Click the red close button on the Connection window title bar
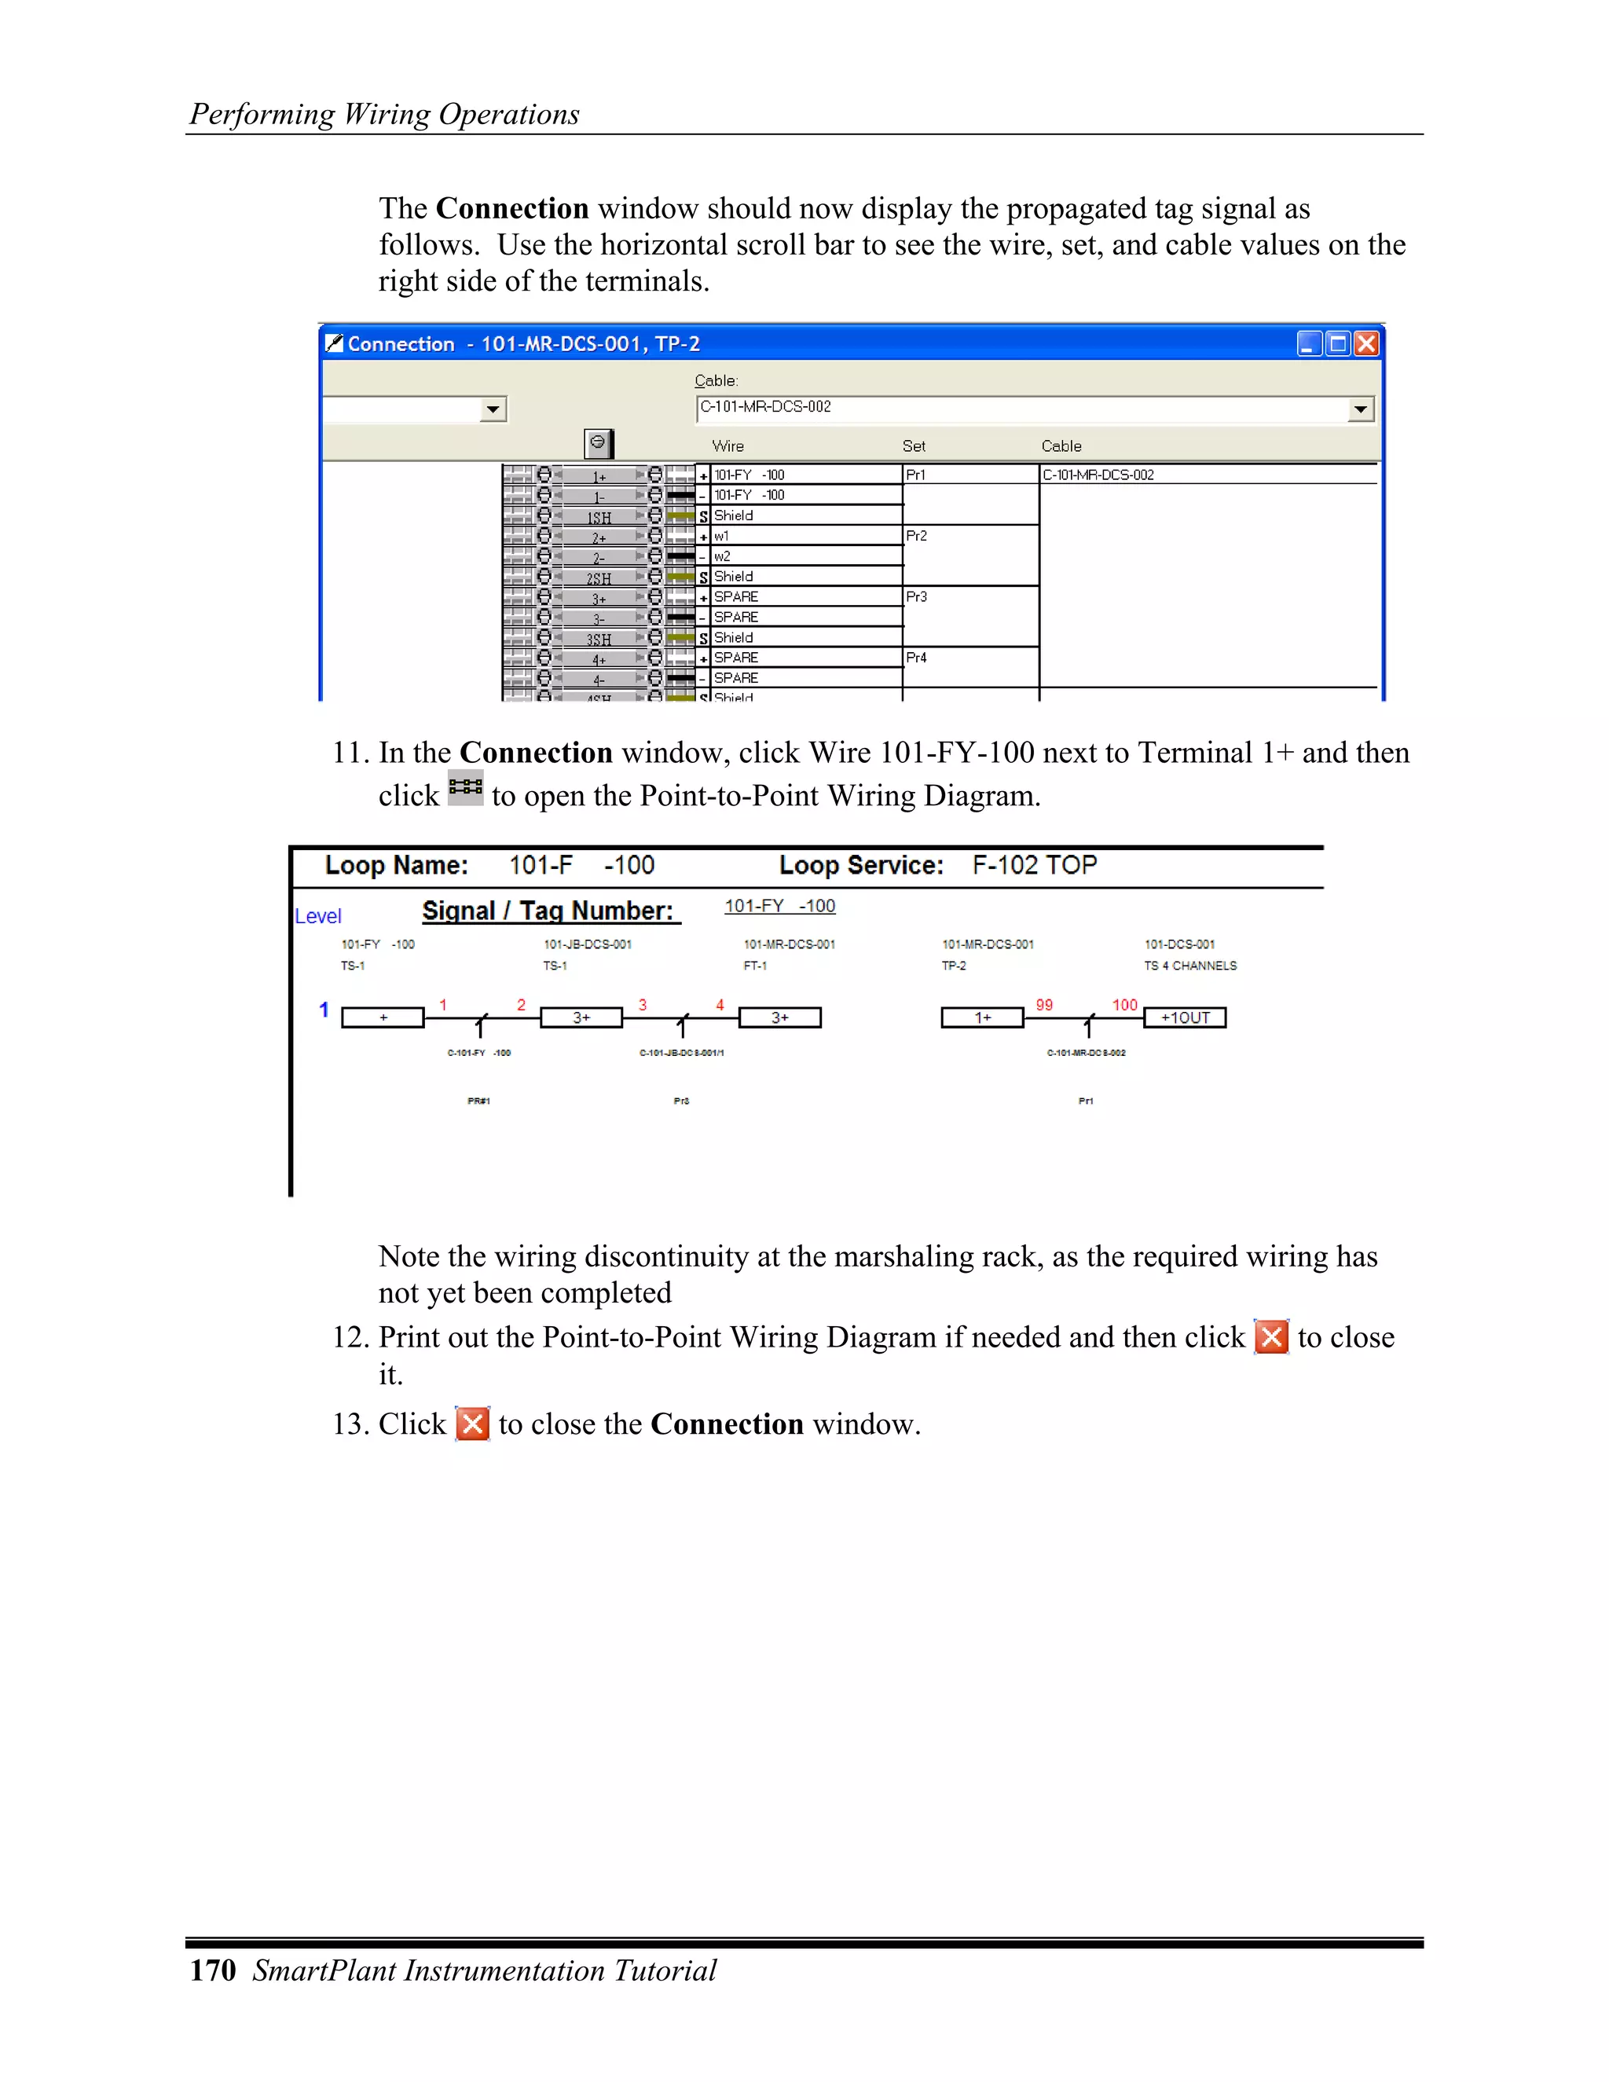click(x=1366, y=343)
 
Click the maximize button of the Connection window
click(x=1338, y=343)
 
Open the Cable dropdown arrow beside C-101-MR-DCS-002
click(x=1360, y=409)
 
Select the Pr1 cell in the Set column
click(x=916, y=475)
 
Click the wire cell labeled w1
click(x=721, y=536)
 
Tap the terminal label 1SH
click(x=599, y=518)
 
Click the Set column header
click(x=913, y=445)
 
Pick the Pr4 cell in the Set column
click(x=916, y=658)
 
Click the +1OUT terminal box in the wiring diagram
click(x=1185, y=1017)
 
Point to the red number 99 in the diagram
click(x=1044, y=1005)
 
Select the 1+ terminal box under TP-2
click(x=982, y=1017)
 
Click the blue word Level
click(x=317, y=916)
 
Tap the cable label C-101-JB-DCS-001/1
click(x=680, y=1053)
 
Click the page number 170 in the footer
click(x=213, y=1970)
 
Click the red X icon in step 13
click(x=472, y=1424)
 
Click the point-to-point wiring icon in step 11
click(x=465, y=787)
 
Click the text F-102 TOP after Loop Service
click(x=1034, y=865)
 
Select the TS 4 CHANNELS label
click(x=1189, y=966)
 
